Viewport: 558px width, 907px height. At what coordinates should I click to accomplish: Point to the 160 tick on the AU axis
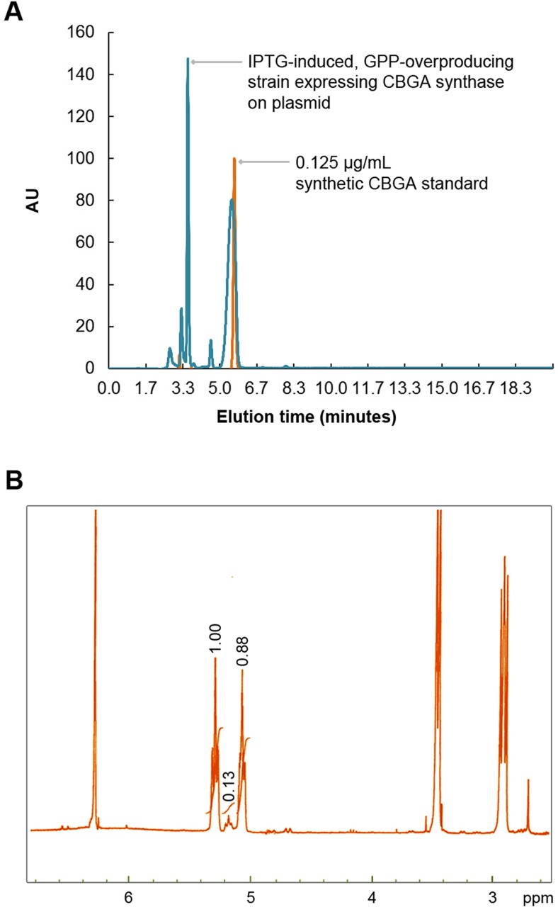click(82, 33)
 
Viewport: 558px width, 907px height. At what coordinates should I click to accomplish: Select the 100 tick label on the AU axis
click(82, 158)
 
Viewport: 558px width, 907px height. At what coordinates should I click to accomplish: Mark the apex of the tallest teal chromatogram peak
click(188, 60)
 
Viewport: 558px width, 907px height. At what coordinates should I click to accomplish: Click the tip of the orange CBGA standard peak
click(234, 159)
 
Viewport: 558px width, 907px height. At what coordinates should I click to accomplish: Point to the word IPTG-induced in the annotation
click(284, 62)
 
